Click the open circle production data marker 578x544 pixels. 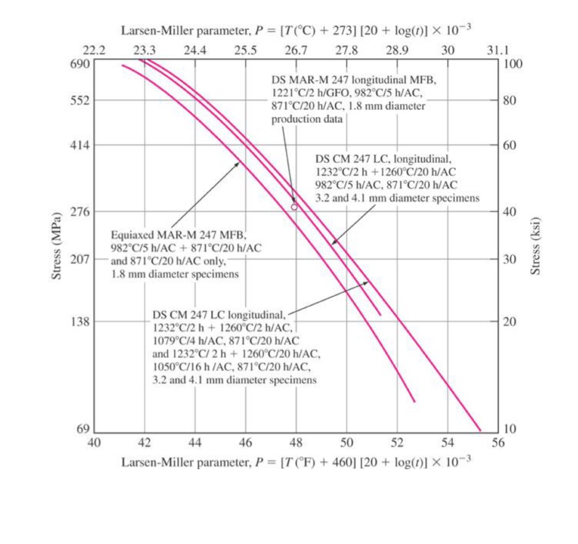coord(294,207)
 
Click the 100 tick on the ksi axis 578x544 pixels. coord(513,64)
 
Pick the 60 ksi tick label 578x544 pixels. coord(509,145)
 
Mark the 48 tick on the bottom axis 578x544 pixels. coord(296,443)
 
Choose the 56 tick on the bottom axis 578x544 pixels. coord(498,443)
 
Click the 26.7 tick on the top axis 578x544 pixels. coord(296,51)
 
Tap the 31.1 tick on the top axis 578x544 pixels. coord(498,51)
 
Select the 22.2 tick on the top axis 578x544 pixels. coord(94,51)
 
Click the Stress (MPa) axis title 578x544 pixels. coord(57,246)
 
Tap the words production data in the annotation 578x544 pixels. coord(307,119)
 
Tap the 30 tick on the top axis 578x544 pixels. coord(448,51)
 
